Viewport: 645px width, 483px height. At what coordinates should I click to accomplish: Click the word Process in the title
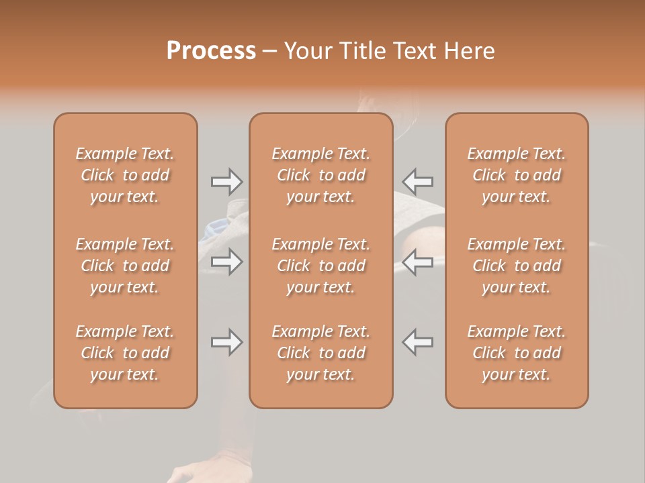(x=211, y=51)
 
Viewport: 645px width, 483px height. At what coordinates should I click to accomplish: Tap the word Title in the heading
(x=360, y=51)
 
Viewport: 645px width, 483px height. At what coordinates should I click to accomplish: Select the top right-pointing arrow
(x=226, y=181)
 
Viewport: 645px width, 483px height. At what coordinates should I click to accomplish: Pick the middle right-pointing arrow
(x=226, y=262)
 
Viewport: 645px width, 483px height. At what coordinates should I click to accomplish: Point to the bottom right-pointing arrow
(x=226, y=342)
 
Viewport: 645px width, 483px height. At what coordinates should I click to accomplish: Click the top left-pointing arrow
(x=417, y=181)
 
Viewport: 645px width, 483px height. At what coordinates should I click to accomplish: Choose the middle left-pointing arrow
(x=417, y=262)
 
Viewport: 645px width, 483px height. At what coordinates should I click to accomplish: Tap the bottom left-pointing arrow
(x=417, y=342)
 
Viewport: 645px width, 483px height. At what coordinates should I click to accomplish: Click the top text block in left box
(x=125, y=175)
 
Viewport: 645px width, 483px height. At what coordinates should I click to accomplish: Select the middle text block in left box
(x=125, y=266)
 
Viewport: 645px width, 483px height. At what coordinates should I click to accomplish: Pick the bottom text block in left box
(x=125, y=353)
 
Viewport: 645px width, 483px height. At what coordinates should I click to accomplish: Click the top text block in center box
(x=321, y=175)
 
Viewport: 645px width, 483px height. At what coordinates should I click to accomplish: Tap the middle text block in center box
(x=321, y=266)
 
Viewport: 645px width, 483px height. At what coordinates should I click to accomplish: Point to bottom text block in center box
(x=321, y=353)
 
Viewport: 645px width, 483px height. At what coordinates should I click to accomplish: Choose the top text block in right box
(x=517, y=175)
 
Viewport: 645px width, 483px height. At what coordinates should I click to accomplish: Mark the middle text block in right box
(x=517, y=266)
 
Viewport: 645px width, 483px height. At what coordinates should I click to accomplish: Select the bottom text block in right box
(x=517, y=353)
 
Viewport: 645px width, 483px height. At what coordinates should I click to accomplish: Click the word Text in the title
(x=414, y=51)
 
